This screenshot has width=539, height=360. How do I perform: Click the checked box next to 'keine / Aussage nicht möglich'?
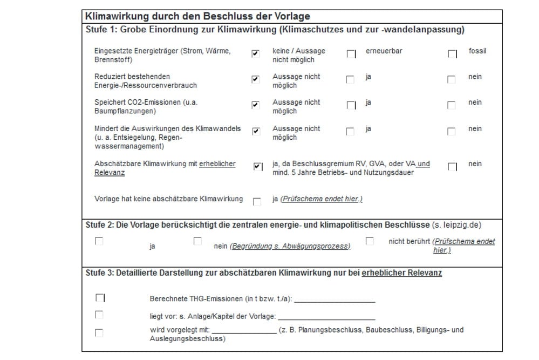[255, 53]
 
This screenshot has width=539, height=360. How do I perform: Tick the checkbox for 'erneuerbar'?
[351, 54]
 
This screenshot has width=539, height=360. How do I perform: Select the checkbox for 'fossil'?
[452, 54]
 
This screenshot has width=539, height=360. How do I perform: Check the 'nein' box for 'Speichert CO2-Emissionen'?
[452, 105]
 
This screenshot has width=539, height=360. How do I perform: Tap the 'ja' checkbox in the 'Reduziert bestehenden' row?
[350, 80]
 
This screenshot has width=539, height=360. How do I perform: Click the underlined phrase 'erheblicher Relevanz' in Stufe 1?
[165, 168]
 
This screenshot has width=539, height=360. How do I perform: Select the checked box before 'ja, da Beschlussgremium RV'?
[257, 166]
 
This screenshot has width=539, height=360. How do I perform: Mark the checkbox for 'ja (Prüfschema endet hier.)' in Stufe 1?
[257, 202]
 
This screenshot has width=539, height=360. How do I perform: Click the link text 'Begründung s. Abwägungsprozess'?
[290, 246]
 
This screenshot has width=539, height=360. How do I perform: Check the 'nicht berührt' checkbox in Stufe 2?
[370, 241]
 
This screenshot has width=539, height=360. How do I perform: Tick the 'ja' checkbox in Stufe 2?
[99, 241]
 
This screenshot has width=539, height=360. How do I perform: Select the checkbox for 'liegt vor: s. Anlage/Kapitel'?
[99, 315]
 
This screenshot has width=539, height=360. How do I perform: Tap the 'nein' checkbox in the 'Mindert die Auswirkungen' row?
[452, 132]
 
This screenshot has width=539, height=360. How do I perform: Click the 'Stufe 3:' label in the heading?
[100, 273]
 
